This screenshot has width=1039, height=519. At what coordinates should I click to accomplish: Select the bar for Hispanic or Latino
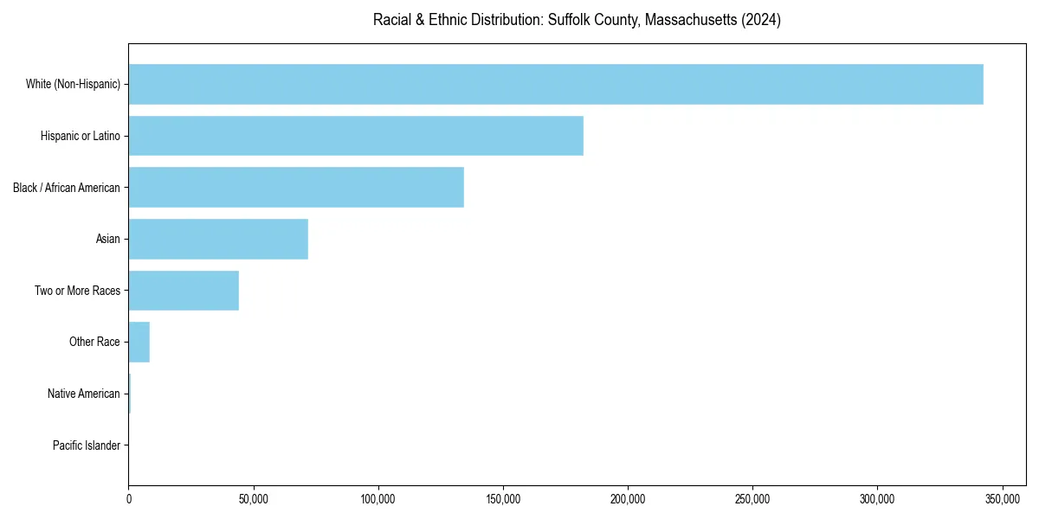[x=356, y=136]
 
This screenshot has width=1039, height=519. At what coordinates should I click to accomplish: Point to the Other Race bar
[x=139, y=342]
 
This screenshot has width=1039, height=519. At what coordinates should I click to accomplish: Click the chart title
[x=577, y=20]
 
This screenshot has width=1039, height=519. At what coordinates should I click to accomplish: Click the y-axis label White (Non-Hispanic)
[x=73, y=84]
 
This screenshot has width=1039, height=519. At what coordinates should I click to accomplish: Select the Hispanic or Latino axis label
[x=81, y=136]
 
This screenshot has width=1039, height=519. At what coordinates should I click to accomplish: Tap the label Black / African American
[x=67, y=188]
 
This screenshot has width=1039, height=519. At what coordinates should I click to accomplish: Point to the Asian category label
[x=108, y=239]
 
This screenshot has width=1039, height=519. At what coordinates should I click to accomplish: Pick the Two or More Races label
[x=78, y=291]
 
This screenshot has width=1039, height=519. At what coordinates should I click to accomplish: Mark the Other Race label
[x=94, y=343]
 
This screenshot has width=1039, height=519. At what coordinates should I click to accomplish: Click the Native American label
[x=84, y=394]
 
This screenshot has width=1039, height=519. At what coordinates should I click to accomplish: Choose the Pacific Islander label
[x=87, y=445]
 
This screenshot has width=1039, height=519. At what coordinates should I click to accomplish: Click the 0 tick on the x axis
[x=129, y=499]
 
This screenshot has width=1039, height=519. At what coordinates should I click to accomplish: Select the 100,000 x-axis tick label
[x=378, y=499]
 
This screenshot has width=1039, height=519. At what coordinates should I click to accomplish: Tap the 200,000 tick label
[x=628, y=499]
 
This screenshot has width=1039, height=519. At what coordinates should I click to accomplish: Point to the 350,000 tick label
[x=1002, y=499]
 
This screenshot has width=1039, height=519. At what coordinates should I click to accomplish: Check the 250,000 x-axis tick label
[x=752, y=499]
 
